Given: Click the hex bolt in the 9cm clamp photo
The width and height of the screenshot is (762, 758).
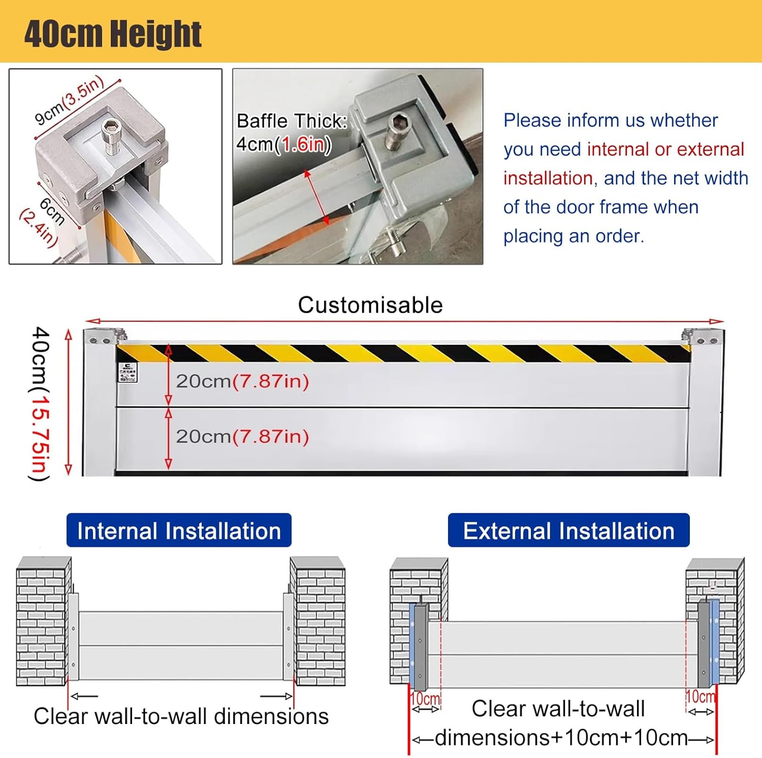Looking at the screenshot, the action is [x=109, y=130].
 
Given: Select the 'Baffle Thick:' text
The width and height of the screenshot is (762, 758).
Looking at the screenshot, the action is [x=292, y=121].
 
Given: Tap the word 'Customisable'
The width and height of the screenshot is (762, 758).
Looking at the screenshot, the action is [x=370, y=305].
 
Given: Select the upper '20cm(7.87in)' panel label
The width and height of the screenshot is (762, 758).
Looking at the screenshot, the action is [x=242, y=381].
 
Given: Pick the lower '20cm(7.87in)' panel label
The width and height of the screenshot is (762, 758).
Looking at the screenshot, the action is [x=242, y=437].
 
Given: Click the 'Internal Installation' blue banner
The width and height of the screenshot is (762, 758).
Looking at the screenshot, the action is [x=179, y=531].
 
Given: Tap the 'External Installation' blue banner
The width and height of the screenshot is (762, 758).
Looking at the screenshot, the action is [x=568, y=531].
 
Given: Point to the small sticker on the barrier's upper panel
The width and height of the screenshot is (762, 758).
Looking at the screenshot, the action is [x=127, y=372].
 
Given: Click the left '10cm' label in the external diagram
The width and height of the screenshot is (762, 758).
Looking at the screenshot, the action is [x=425, y=699].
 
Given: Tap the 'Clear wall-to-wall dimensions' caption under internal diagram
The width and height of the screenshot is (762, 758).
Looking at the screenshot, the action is [x=181, y=716].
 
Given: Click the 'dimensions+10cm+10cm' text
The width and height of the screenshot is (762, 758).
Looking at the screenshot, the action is [x=561, y=738].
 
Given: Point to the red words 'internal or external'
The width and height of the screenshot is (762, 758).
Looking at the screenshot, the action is [x=665, y=149].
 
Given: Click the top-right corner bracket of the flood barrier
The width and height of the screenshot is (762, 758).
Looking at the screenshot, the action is [x=704, y=336].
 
